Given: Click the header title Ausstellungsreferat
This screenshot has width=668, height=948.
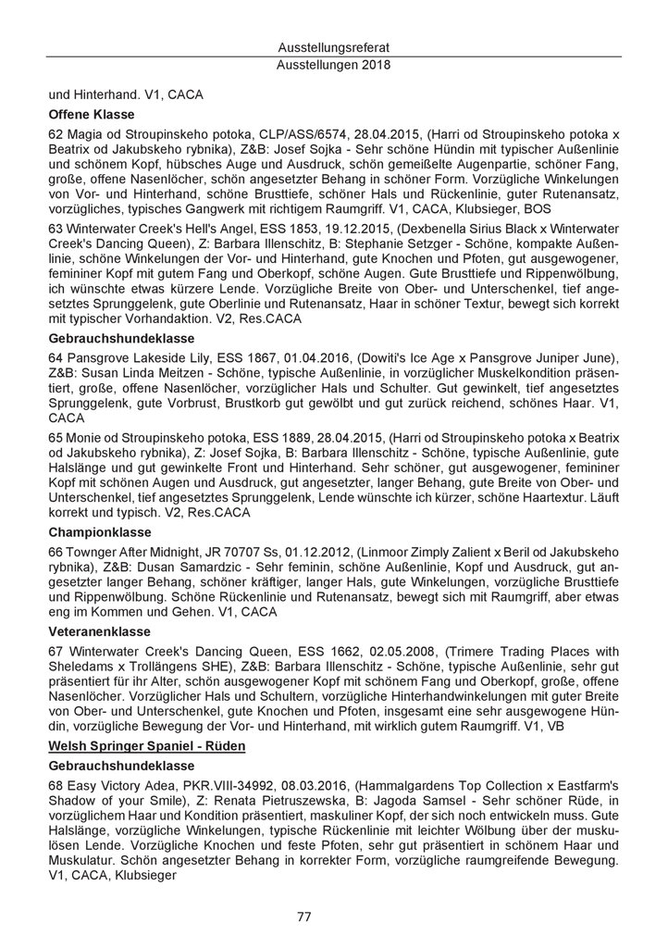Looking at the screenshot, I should pyautogui.click(x=334, y=47).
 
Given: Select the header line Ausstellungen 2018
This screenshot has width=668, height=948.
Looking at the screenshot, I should pyautogui.click(x=334, y=66).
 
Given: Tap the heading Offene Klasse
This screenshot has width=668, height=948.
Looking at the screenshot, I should pyautogui.click(x=92, y=115).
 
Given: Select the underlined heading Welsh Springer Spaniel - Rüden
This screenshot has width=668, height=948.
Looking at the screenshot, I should pyautogui.click(x=146, y=746).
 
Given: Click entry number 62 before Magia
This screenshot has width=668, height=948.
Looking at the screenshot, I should pyautogui.click(x=56, y=135).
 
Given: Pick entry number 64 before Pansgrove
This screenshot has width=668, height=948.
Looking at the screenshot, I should pyautogui.click(x=56, y=356).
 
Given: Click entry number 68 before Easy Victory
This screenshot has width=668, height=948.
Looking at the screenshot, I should pyautogui.click(x=56, y=787).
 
